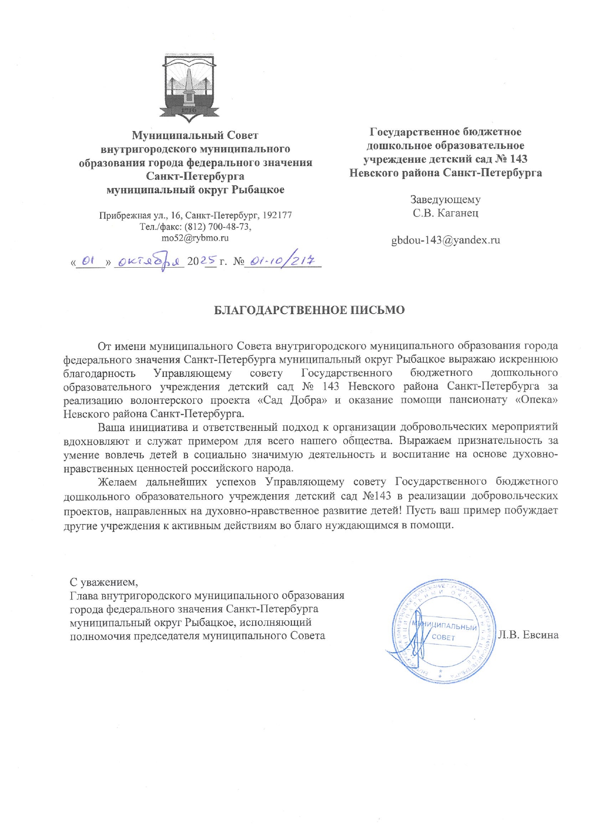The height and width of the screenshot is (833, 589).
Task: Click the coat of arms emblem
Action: pos(189,86)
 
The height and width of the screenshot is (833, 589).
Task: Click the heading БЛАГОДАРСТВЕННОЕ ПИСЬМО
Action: pos(309,310)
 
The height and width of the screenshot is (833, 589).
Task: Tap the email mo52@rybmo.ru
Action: pos(195,238)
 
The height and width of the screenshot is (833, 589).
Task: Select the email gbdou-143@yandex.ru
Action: pos(445,240)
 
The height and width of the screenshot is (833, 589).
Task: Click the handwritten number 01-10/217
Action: pos(283,260)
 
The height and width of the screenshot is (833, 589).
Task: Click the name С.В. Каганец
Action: pos(445,213)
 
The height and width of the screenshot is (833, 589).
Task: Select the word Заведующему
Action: pos(445,200)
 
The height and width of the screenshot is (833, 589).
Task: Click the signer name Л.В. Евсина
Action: pos(528,635)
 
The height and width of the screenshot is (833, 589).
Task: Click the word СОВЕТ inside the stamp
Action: pos(443,637)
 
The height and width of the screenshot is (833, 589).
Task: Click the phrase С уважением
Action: pos(104,582)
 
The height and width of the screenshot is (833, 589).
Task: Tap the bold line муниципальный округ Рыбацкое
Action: pos(195,190)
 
